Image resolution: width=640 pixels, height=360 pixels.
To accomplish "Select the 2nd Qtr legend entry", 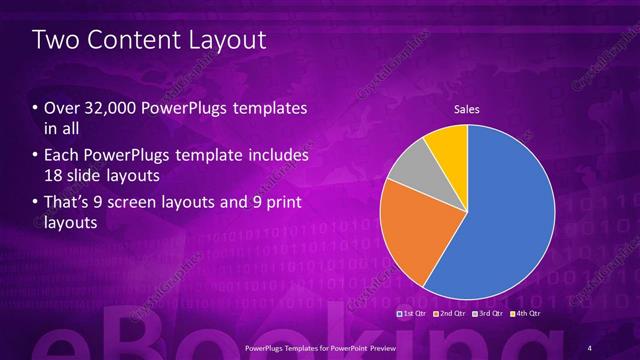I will click(451, 313).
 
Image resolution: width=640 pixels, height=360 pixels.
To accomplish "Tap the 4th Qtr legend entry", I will click(527, 313).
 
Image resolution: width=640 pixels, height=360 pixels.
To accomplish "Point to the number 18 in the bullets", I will click(53, 176).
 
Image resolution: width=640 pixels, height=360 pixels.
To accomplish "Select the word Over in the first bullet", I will click(61, 108).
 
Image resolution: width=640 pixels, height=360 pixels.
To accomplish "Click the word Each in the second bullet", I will click(61, 156).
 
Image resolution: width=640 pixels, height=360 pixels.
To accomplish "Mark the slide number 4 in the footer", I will click(589, 347).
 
